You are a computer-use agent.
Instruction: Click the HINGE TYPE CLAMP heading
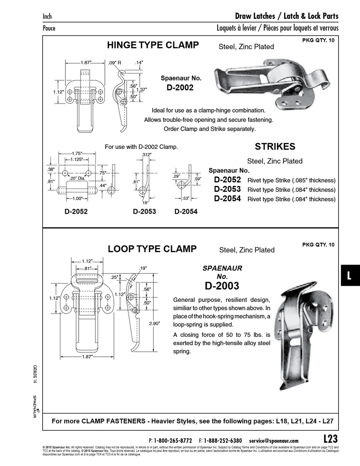click(x=153, y=45)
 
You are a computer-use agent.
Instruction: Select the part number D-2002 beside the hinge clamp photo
click(x=181, y=87)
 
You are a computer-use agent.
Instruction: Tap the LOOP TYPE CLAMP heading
click(x=152, y=249)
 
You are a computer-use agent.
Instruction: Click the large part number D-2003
click(x=222, y=286)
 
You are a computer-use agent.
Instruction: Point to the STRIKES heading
click(x=275, y=147)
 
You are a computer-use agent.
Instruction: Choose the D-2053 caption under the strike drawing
click(x=145, y=212)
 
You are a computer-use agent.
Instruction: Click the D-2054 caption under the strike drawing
click(x=186, y=212)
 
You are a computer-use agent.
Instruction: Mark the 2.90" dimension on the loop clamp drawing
click(x=154, y=323)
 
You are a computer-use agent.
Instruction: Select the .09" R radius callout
click(x=115, y=63)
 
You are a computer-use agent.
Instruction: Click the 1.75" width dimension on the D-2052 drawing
click(x=77, y=154)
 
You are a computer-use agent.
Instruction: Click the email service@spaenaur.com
click(x=274, y=441)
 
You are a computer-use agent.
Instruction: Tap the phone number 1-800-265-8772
click(x=173, y=441)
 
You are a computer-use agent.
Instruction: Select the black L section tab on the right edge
click(x=350, y=275)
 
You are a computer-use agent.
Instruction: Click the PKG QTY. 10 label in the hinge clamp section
click(x=318, y=40)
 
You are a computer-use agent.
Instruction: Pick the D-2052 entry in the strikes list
click(x=227, y=179)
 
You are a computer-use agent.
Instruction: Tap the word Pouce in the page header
click(x=49, y=28)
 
